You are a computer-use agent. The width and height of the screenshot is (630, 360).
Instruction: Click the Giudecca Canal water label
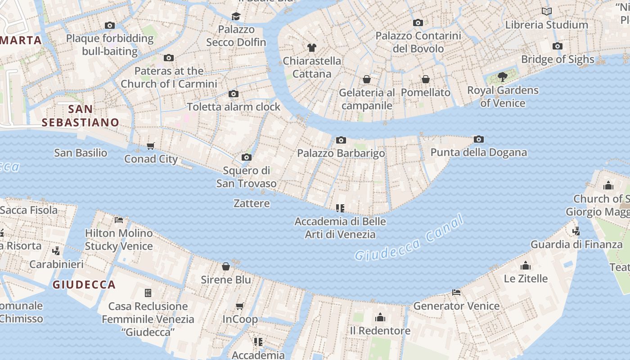(409, 238)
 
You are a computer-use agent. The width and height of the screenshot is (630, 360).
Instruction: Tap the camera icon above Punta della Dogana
(479, 139)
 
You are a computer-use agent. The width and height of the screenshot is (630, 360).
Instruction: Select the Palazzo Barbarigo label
(341, 153)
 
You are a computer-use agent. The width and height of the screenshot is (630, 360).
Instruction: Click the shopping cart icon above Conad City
(151, 146)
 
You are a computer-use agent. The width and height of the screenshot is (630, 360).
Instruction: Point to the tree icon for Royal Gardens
(503, 77)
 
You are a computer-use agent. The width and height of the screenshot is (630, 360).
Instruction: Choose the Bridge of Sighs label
(558, 59)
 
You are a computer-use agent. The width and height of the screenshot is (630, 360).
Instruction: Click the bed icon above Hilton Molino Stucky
(119, 220)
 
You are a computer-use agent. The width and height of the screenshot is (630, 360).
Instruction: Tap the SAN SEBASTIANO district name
(81, 116)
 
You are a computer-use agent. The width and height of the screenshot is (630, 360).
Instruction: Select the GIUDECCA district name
(84, 285)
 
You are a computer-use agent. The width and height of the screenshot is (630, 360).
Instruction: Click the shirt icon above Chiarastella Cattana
(311, 48)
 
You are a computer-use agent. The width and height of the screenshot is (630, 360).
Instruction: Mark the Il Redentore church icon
(380, 318)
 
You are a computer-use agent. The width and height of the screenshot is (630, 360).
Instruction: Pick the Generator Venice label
(456, 306)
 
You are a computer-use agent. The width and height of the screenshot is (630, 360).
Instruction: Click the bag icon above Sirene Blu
(226, 266)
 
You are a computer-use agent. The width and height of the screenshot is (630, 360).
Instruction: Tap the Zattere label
(252, 203)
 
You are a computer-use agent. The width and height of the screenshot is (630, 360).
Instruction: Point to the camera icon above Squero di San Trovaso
(246, 157)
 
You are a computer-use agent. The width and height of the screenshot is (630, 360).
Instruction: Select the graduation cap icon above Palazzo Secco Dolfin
(236, 17)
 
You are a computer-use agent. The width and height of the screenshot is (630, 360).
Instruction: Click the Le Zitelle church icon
(526, 265)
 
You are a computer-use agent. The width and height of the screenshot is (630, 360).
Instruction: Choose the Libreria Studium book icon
(547, 12)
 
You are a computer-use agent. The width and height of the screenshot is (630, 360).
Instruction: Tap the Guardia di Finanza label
(576, 245)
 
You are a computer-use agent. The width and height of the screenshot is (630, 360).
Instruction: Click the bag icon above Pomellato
(425, 80)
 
